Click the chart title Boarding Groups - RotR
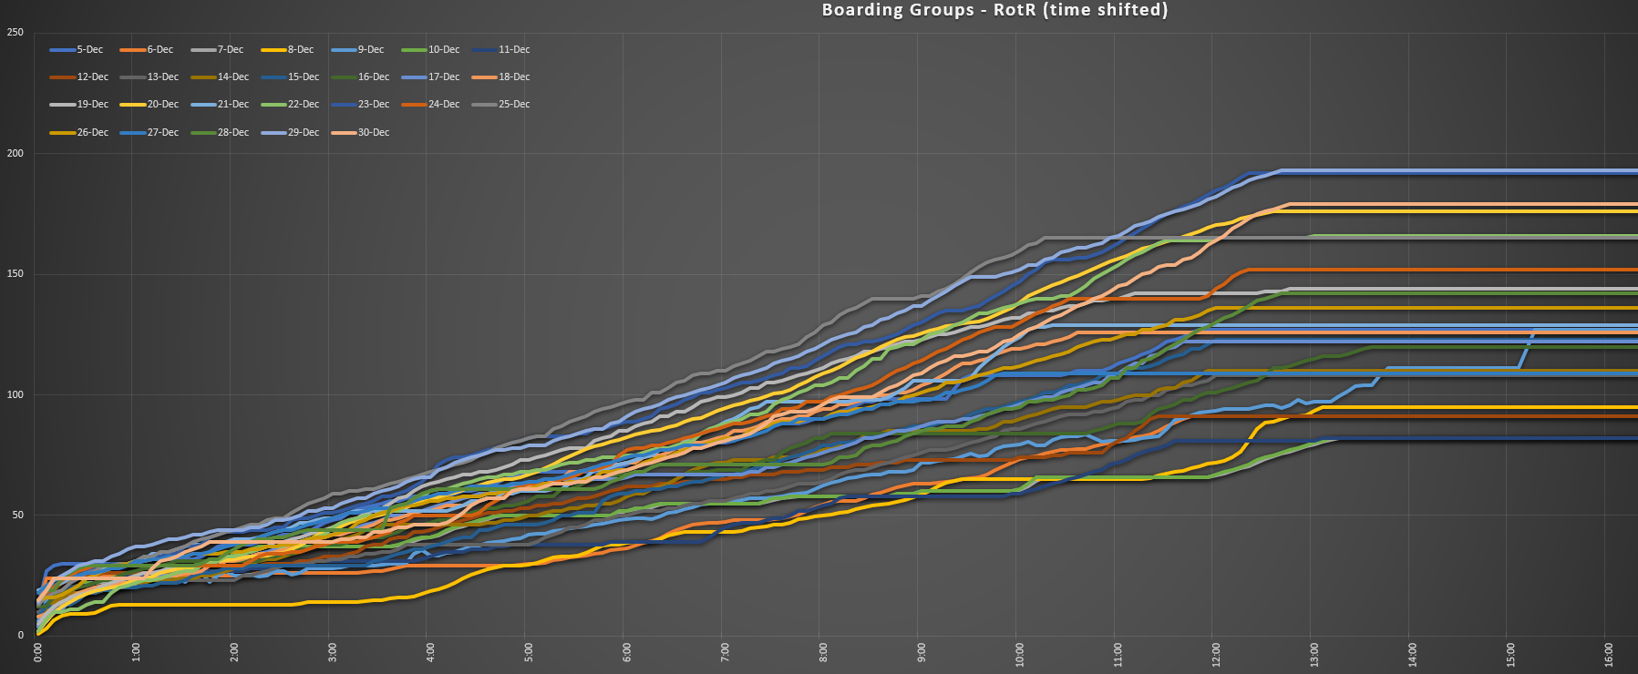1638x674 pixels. coord(994,10)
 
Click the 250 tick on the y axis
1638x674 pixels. coord(15,33)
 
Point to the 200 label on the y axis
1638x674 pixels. coord(15,154)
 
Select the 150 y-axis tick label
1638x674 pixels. coord(15,274)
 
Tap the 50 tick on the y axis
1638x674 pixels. coord(17,516)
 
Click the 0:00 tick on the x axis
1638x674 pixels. coord(37,653)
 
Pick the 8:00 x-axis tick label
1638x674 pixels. coord(823,653)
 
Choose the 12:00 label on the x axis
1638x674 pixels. coord(1216,653)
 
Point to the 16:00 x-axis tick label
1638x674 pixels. coord(1609,653)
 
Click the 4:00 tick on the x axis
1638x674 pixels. coord(430,653)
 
